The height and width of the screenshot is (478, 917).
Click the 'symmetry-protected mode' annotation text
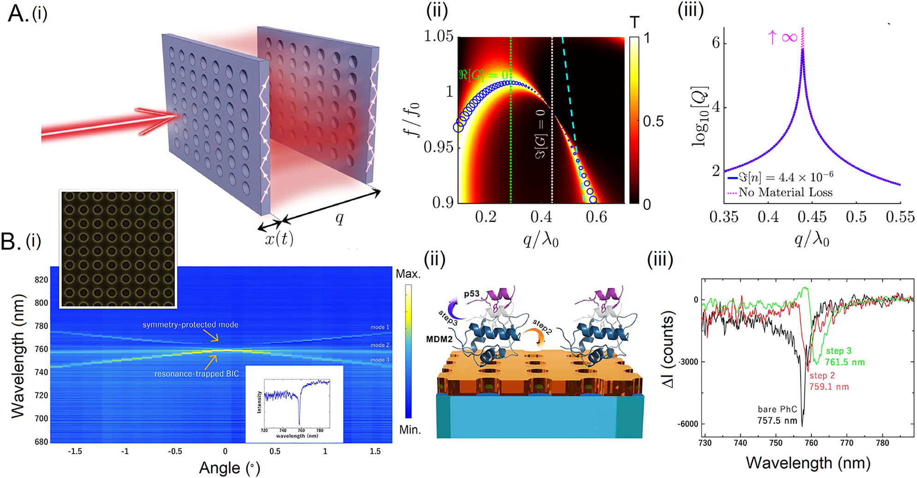[190, 325]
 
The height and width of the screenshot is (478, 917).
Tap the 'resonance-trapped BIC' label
[196, 373]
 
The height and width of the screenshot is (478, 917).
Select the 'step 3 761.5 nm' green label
[845, 357]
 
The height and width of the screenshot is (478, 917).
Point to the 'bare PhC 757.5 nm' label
[777, 414]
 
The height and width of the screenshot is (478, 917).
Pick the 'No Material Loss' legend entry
[785, 192]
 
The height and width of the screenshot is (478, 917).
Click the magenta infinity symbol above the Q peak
[789, 37]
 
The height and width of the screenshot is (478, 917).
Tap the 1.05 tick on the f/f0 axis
[439, 36]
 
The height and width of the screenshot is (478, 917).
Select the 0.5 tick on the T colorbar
[653, 121]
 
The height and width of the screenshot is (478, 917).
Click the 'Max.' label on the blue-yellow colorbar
[408, 274]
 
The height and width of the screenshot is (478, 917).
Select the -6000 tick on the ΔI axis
[687, 424]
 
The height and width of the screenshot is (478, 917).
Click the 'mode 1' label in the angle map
[380, 327]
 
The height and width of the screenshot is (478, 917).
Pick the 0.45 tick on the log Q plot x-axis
[812, 217]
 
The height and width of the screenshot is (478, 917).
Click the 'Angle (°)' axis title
[229, 468]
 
